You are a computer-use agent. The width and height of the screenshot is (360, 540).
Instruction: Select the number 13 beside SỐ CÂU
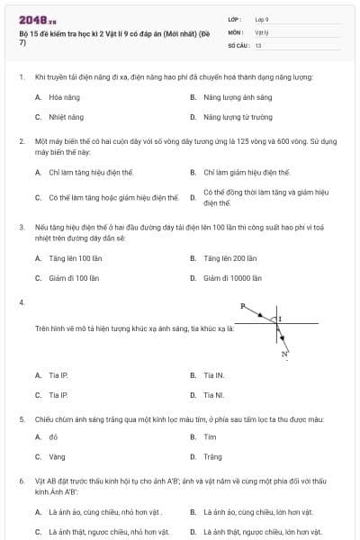[x=258, y=44]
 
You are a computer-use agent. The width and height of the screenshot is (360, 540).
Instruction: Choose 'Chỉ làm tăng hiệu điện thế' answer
[x=91, y=172]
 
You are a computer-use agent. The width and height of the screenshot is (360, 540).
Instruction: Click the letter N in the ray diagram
[x=284, y=355]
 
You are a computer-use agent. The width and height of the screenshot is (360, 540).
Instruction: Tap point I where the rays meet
[x=279, y=319]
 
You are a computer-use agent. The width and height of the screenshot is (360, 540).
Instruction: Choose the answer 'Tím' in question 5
[x=210, y=436]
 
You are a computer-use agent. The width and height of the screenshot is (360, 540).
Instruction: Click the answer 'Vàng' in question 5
[x=57, y=457]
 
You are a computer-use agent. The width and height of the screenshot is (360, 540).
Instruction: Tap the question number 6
[x=21, y=481]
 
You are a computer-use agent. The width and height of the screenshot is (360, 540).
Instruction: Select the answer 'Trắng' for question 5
[x=212, y=457]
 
